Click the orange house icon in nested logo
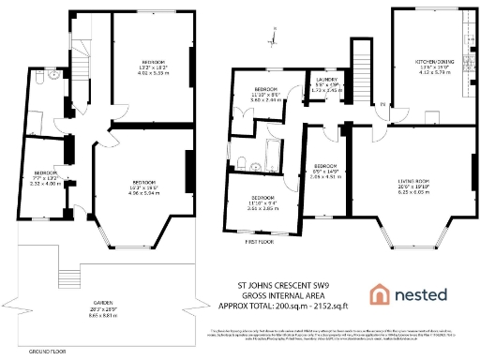click(380, 293)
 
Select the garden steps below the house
click(65, 278)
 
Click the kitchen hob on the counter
click(468, 37)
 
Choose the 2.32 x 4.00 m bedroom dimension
click(46, 184)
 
